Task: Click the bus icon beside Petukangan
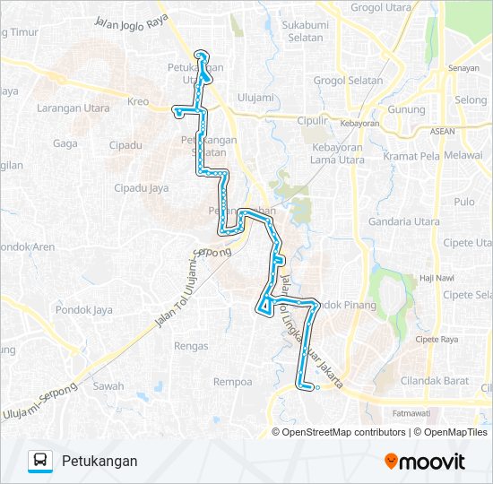point(40,461)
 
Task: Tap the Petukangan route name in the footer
point(99,461)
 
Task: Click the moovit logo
point(425,462)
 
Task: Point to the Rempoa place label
point(233,381)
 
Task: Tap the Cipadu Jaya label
point(141,188)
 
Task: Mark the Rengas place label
point(192,346)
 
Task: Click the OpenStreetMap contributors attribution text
point(344,432)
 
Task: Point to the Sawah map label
point(108,386)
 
